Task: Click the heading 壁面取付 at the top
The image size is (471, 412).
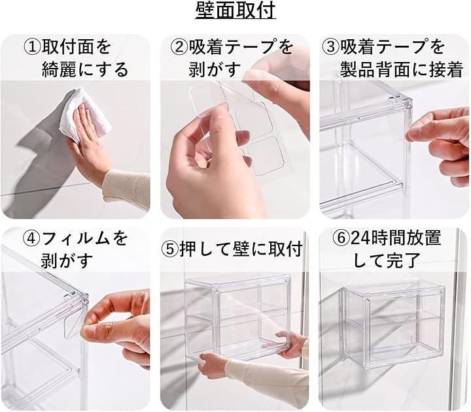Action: point(235,10)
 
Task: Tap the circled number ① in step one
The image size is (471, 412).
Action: point(33,48)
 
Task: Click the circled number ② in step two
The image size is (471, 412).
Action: point(179,48)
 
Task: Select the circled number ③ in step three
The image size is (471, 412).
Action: point(331,48)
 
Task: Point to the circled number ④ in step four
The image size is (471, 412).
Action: point(32,238)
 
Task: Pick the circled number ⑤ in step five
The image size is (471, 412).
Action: point(171,249)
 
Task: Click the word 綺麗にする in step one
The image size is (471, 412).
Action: point(85,70)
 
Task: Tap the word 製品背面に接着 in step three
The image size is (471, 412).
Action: point(402,70)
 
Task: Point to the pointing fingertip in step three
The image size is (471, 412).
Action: point(411,135)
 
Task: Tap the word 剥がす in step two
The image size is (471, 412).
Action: point(215,70)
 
